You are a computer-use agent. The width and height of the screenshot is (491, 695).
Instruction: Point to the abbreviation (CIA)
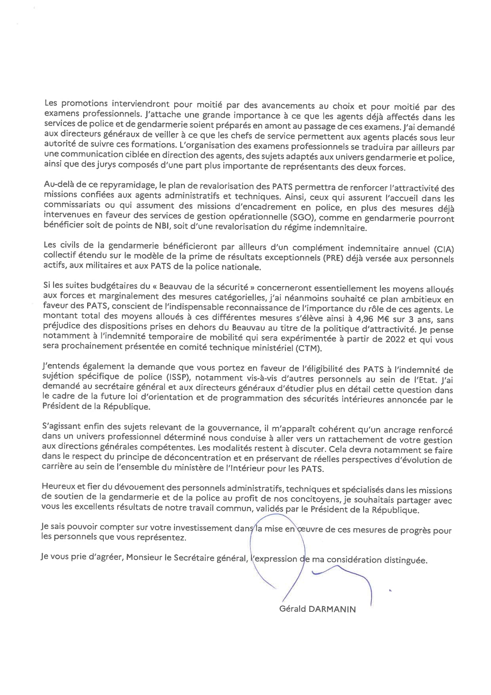(443, 249)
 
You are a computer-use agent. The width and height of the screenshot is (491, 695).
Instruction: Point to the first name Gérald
(293, 609)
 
